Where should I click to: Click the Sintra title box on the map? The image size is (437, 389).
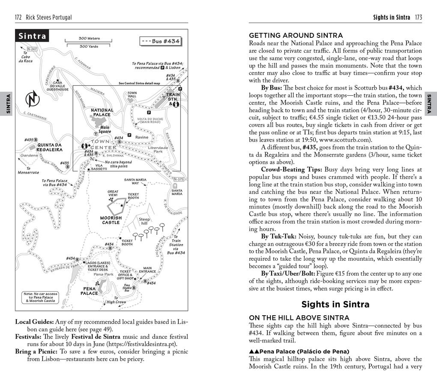click(32, 36)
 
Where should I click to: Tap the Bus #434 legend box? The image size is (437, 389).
click(160, 42)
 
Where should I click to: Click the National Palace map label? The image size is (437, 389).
click(102, 112)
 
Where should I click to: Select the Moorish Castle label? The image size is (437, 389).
click(111, 220)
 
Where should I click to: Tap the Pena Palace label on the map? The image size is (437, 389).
click(89, 291)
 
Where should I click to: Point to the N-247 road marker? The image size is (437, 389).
click(32, 49)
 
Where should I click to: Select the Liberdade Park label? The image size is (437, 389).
click(158, 149)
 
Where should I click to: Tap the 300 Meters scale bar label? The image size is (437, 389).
click(89, 38)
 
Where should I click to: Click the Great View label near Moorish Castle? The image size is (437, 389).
click(113, 193)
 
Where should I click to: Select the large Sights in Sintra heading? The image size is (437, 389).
click(335, 305)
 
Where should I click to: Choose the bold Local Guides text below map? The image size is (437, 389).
click(34, 322)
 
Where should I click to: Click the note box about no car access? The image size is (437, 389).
click(40, 297)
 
